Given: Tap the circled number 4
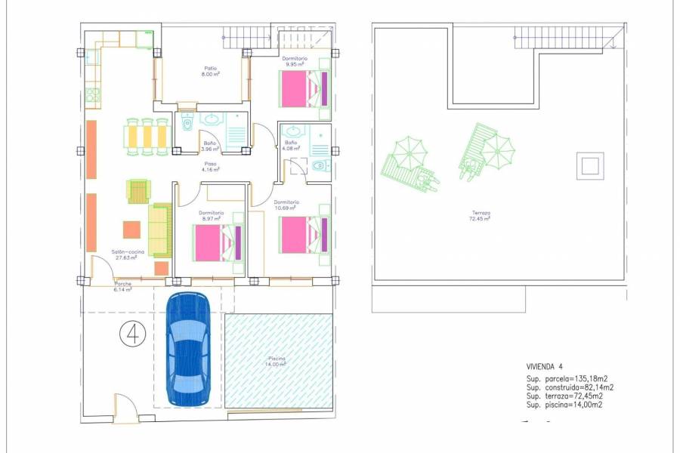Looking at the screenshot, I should click(133, 332).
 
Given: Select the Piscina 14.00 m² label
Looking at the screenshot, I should click(277, 362).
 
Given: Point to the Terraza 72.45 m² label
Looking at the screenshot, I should click(479, 216).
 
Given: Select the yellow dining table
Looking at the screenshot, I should click(146, 136).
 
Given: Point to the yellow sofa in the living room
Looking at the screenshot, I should click(160, 229).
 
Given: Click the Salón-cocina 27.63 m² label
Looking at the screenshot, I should click(126, 255).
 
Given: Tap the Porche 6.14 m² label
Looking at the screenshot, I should click(122, 287).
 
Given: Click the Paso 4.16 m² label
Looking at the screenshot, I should click(209, 167).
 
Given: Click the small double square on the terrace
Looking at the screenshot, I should click(589, 165).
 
